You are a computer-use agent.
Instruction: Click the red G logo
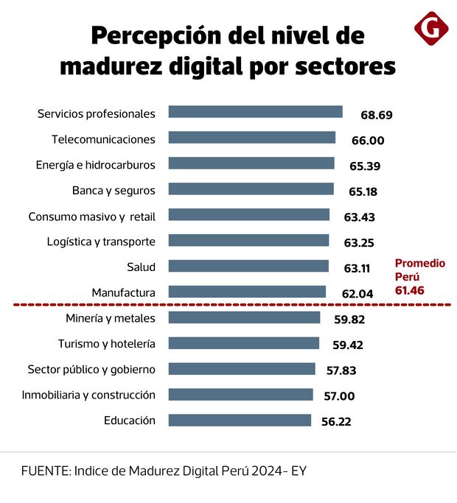(431, 29)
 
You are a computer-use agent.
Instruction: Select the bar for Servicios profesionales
(255, 112)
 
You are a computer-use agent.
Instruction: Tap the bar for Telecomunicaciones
(251, 138)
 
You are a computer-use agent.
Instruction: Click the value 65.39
(364, 166)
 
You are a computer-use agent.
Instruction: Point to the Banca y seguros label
(114, 190)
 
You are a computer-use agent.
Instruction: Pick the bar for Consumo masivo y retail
(248, 215)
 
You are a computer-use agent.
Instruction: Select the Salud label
(141, 267)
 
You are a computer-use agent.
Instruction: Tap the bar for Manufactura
(247, 292)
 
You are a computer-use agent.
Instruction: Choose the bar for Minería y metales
(244, 317)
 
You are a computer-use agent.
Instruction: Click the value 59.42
(348, 345)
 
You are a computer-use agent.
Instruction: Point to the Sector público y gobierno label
(91, 369)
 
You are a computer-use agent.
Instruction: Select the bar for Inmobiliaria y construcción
(240, 394)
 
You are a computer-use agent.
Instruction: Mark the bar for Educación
(240, 420)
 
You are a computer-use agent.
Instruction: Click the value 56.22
(340, 421)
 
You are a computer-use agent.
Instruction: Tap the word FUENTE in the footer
(44, 471)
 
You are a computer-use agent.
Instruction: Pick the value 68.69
(376, 115)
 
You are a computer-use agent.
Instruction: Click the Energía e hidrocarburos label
(96, 164)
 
